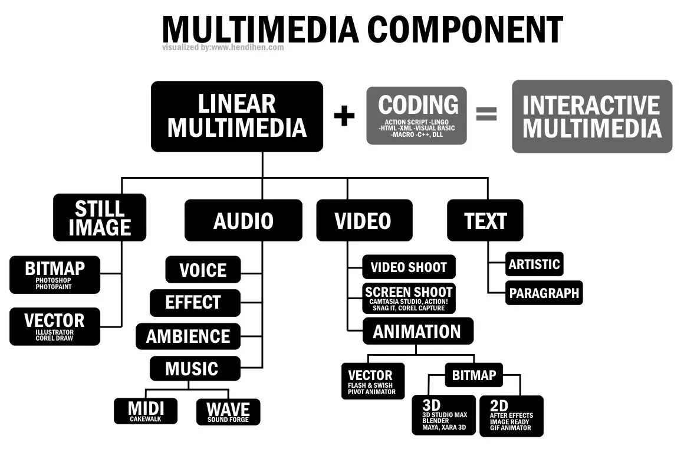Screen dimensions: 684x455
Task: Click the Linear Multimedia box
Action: point(237,116)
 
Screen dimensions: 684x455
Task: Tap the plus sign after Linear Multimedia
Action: point(344,116)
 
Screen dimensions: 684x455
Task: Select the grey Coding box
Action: point(416,116)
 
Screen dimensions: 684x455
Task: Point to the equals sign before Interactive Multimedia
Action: point(486,114)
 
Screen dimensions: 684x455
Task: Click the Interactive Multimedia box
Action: point(591,116)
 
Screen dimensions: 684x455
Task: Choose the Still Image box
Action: point(100,217)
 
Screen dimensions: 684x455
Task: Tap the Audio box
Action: point(243,221)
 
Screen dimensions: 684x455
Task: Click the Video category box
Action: point(363,221)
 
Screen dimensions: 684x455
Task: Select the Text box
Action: point(485,221)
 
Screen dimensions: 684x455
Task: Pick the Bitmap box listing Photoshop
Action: point(55,275)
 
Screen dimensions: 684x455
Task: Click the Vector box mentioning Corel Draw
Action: point(55,326)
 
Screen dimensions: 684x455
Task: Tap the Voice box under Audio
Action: point(203,270)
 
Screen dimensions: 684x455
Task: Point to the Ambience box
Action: point(188,336)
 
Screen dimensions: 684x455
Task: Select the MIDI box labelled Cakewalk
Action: point(146,411)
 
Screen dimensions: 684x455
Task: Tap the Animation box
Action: point(417,331)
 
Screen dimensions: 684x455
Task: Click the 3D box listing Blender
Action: point(444,415)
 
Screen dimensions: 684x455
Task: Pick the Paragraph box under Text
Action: point(544,293)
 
